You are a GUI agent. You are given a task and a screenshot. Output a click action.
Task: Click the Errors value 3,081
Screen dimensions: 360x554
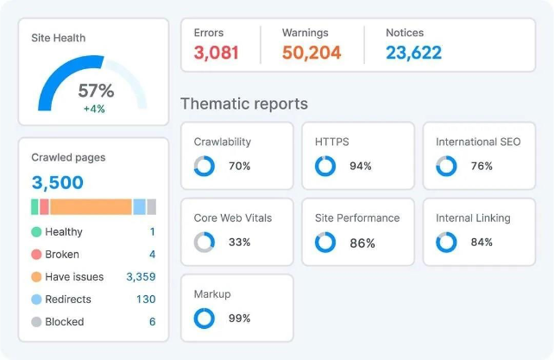216,53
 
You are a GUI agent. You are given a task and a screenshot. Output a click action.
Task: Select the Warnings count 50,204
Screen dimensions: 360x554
312,53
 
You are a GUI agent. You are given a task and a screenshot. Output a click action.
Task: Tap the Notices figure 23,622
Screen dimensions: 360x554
413,53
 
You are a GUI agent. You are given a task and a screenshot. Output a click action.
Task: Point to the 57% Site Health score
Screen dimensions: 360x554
96,91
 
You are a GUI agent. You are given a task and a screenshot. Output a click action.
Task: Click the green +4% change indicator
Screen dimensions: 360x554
95,109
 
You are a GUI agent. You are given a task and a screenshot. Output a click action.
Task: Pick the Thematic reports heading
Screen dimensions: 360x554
243,104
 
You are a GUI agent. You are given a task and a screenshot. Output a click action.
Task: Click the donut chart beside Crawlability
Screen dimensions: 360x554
205,166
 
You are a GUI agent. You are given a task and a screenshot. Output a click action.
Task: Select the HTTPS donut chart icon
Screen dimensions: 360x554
325,166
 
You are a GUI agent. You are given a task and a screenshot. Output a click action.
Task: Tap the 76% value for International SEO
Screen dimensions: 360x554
482,166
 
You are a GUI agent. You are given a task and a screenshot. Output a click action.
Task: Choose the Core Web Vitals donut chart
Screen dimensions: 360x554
205,243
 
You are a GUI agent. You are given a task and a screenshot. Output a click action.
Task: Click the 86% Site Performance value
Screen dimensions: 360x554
362,243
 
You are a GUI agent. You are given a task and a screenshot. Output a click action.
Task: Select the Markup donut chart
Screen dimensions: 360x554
205,319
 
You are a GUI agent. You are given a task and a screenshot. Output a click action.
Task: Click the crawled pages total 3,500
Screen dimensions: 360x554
58,183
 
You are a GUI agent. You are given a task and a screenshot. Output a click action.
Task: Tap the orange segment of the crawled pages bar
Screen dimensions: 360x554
91,207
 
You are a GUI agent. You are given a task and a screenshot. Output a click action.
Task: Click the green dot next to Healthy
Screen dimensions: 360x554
36,232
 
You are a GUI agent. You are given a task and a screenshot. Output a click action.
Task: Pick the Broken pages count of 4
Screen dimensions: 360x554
152,255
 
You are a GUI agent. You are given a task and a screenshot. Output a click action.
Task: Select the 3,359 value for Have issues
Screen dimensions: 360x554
141,277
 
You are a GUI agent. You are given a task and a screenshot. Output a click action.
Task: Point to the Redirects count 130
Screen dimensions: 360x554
146,300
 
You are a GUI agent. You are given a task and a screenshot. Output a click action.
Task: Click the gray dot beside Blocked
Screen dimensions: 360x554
36,322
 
